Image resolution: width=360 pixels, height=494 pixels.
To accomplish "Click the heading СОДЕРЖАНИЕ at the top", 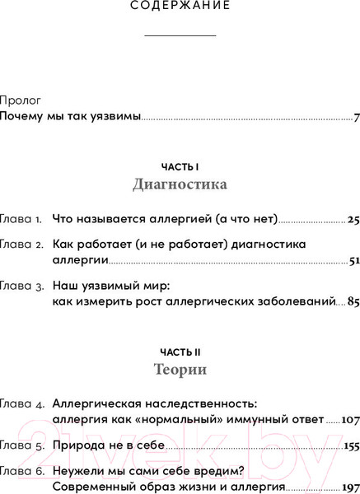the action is (180, 7).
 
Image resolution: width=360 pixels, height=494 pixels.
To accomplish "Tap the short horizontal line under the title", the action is (180, 35).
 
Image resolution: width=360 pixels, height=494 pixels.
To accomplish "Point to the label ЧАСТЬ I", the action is (180, 165).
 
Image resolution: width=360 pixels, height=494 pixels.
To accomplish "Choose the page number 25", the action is (353, 220).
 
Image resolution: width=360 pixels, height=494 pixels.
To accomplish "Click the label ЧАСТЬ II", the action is (180, 349).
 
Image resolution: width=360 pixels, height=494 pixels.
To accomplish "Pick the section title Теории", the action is (180, 370).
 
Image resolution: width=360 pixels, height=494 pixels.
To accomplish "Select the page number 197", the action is (349, 487).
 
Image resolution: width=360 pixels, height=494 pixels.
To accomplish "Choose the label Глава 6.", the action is (21, 472).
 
